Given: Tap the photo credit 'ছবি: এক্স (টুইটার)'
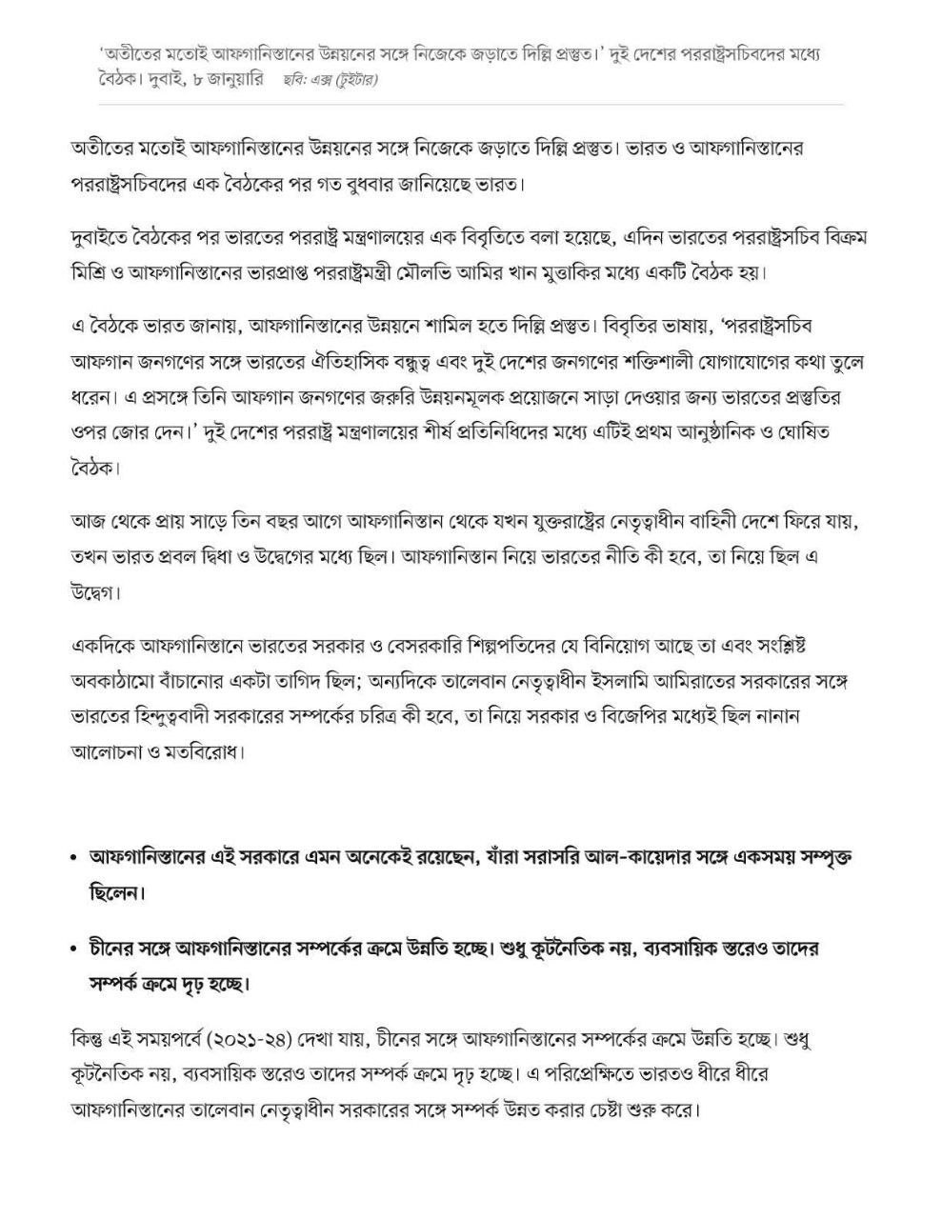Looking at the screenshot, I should (x=330, y=81).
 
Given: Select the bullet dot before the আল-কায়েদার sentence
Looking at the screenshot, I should (x=74, y=858).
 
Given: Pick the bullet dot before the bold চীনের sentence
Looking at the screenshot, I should (x=74, y=949).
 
